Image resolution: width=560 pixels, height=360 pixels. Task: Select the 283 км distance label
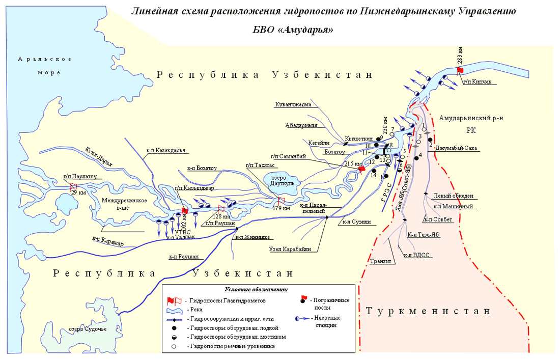459,55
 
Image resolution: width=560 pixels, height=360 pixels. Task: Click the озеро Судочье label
88,329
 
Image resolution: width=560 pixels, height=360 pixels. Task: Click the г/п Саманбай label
288,158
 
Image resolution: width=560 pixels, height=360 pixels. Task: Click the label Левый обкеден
454,196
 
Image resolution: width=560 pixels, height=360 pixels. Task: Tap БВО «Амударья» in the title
293,30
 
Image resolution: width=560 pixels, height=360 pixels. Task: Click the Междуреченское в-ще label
124,204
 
